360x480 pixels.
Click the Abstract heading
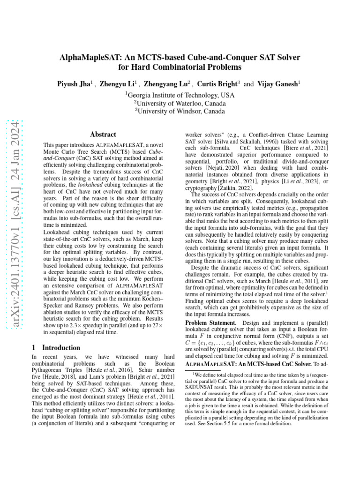tap(103, 134)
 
